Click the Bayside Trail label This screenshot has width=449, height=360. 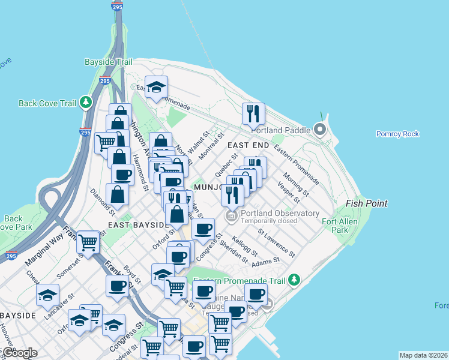[x=108, y=61]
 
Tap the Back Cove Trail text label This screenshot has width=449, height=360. [x=47, y=103]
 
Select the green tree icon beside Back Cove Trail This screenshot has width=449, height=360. [x=86, y=103]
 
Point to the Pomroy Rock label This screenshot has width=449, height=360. [x=397, y=134]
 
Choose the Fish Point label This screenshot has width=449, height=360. [x=366, y=203]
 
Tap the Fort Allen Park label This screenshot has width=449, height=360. [x=335, y=225]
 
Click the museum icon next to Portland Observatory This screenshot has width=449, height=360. [x=231, y=214]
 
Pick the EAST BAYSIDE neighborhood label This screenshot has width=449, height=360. [x=136, y=224]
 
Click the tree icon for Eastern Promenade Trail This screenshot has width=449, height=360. [x=294, y=279]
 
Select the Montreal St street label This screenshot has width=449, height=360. [x=211, y=149]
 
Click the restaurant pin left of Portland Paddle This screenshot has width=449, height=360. [x=254, y=113]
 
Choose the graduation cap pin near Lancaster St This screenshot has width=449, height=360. [x=48, y=294]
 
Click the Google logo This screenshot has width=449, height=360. [x=20, y=352]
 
